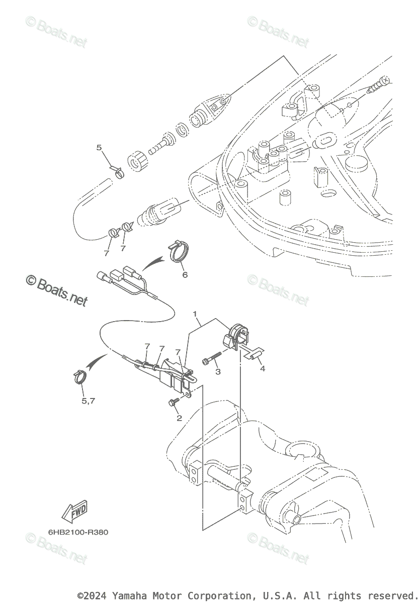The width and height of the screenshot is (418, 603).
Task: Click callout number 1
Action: pyautogui.click(x=195, y=314)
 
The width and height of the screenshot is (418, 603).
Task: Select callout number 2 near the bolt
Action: pyautogui.click(x=179, y=418)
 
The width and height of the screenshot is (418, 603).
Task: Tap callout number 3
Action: pyautogui.click(x=218, y=372)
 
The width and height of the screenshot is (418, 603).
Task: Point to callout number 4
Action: pyautogui.click(x=262, y=368)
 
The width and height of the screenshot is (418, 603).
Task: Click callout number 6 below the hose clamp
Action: pyautogui.click(x=185, y=275)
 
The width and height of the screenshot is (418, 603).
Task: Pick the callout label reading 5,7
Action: pyautogui.click(x=89, y=401)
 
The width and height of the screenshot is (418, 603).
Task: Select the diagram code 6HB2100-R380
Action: pyautogui.click(x=78, y=532)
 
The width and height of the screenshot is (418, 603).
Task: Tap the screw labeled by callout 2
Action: pyautogui.click(x=171, y=401)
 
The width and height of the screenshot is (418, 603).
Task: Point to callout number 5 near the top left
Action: pyautogui.click(x=99, y=147)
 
